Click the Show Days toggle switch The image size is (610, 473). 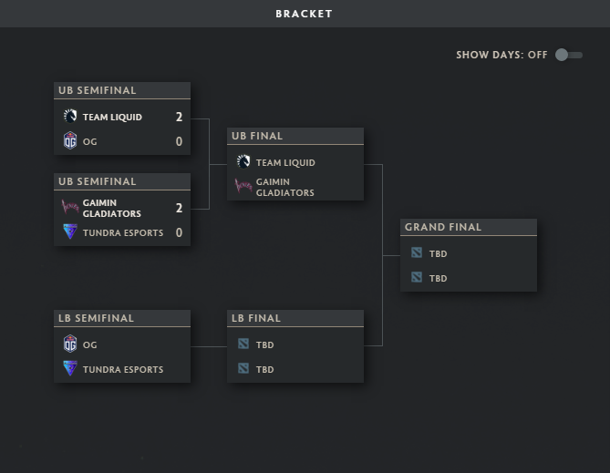(569, 55)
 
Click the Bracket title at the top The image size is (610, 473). (304, 14)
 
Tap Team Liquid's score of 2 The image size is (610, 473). (179, 117)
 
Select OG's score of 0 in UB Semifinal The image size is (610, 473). (179, 141)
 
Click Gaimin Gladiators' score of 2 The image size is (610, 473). (179, 208)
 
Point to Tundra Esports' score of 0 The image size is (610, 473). (179, 232)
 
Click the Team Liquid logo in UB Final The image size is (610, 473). (243, 162)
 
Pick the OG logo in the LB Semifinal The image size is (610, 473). (70, 344)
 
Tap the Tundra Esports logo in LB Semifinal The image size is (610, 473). (70, 369)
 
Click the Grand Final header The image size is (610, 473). (443, 227)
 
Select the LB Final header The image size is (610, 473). (256, 318)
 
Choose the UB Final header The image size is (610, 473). (257, 136)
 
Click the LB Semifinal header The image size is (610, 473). (96, 318)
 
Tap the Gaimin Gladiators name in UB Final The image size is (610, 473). (284, 187)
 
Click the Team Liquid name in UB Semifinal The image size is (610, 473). (112, 117)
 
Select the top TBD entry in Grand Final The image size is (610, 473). (438, 253)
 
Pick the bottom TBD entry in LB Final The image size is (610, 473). (264, 369)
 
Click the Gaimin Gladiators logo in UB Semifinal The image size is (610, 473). (70, 207)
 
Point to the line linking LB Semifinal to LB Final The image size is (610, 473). (209, 346)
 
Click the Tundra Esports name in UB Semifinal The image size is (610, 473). (123, 232)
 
